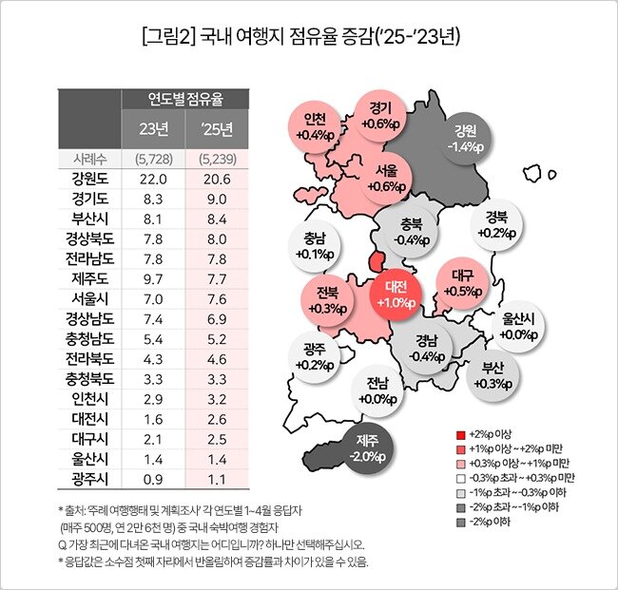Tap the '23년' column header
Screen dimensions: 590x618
(x=153, y=127)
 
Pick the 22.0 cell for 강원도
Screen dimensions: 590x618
(x=153, y=179)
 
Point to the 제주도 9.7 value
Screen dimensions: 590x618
(x=153, y=278)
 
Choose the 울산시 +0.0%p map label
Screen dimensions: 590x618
(x=519, y=326)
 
